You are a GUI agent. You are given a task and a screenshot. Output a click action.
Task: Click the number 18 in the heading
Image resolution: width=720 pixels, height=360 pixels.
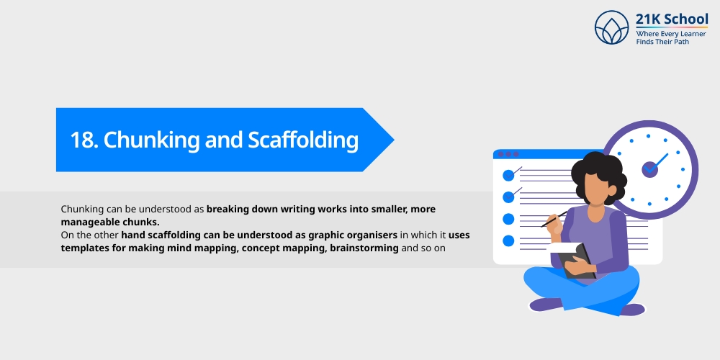coord(84,140)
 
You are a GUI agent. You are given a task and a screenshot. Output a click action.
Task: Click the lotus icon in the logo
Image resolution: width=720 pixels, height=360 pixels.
coord(612,28)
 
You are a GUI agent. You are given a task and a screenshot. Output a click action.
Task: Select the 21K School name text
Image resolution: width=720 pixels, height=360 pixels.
coord(672,19)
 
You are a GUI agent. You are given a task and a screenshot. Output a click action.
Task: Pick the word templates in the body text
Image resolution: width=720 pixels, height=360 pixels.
coord(88,248)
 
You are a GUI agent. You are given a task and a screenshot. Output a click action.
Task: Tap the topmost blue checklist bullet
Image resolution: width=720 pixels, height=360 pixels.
coord(508,175)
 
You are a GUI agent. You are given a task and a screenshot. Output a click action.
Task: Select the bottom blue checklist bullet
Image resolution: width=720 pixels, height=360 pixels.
coord(508,240)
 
